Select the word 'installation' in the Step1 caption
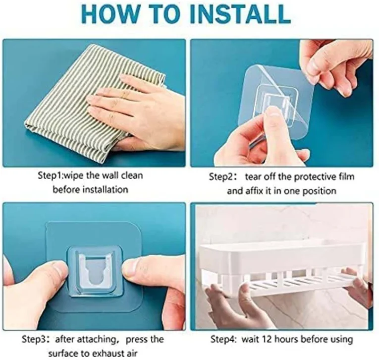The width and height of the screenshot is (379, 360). coord(105,189)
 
